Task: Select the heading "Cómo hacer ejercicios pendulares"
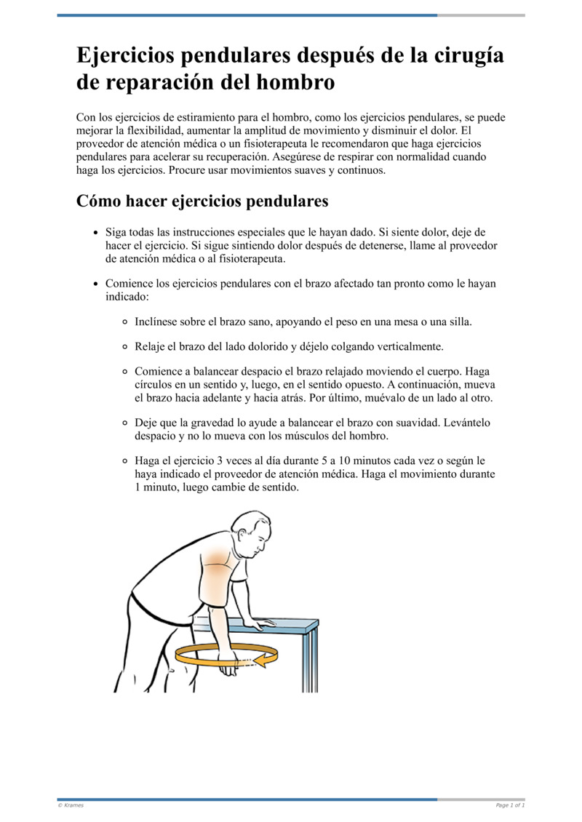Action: [202, 201]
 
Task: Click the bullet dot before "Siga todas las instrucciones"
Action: [96, 233]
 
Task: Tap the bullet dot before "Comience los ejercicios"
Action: [96, 284]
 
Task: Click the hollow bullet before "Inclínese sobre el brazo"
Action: [125, 321]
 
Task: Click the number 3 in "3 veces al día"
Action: [231, 461]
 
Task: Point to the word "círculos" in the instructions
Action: [156, 384]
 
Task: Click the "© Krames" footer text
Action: [71, 805]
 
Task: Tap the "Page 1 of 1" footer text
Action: [509, 805]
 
